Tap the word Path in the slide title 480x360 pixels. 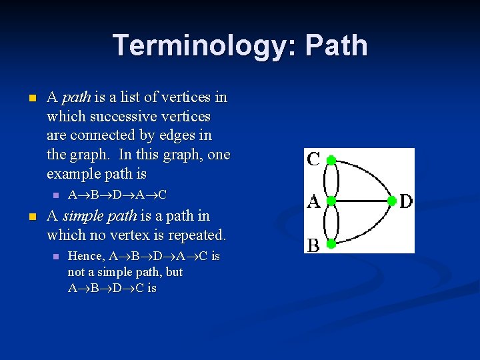(x=337, y=45)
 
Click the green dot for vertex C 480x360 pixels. (x=331, y=160)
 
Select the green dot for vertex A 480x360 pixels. (x=331, y=201)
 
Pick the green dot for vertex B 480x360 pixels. (x=331, y=244)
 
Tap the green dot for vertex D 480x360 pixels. (x=392, y=201)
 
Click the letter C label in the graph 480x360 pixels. (x=313, y=160)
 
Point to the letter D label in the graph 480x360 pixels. (x=406, y=201)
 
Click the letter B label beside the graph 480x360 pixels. (x=313, y=245)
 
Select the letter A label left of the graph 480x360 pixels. (x=313, y=201)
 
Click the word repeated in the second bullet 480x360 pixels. (x=198, y=235)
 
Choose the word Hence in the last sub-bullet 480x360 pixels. (x=85, y=257)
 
